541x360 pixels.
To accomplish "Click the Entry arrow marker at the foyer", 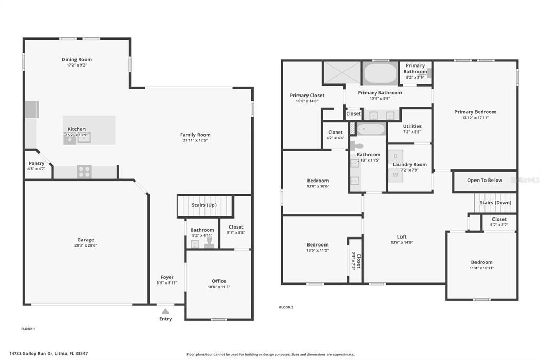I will (x=165, y=311).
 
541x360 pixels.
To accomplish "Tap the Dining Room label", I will (x=77, y=59).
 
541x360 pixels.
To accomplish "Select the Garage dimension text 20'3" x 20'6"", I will (x=86, y=245).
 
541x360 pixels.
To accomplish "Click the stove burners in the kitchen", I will (x=85, y=172).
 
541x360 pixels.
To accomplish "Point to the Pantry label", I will (x=36, y=163).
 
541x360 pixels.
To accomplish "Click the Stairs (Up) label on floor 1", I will (x=204, y=205).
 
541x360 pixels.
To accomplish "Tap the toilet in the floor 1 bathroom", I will (x=209, y=242).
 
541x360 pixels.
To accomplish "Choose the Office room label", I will (x=219, y=281).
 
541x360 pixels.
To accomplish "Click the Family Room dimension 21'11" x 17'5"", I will (x=195, y=141).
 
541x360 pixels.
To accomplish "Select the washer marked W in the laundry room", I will (x=395, y=175).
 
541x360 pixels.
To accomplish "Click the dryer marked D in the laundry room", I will (x=395, y=156).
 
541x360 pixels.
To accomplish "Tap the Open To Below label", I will (x=484, y=181).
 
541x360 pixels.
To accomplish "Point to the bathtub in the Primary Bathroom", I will (x=380, y=73).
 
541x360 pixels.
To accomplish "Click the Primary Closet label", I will (x=307, y=96).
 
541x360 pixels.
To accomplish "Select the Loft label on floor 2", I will (x=402, y=236).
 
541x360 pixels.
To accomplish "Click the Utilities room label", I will (x=412, y=126).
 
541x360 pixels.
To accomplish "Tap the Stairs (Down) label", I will (x=495, y=203).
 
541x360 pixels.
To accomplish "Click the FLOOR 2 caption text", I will (x=286, y=307).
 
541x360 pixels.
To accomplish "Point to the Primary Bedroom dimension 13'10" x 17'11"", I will (x=475, y=118).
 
